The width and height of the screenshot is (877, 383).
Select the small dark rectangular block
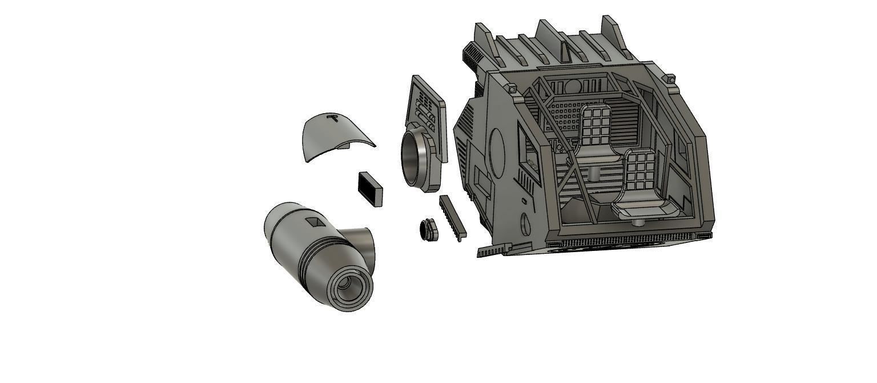371,188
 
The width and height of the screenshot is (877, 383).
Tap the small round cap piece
428,229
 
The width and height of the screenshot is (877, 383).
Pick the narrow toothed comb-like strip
452,217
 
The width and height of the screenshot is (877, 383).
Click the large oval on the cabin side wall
497,151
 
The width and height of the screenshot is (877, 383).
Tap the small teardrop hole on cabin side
525,224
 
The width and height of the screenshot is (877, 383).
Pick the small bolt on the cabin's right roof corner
670,78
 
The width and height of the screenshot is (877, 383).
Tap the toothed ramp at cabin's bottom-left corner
494,250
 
